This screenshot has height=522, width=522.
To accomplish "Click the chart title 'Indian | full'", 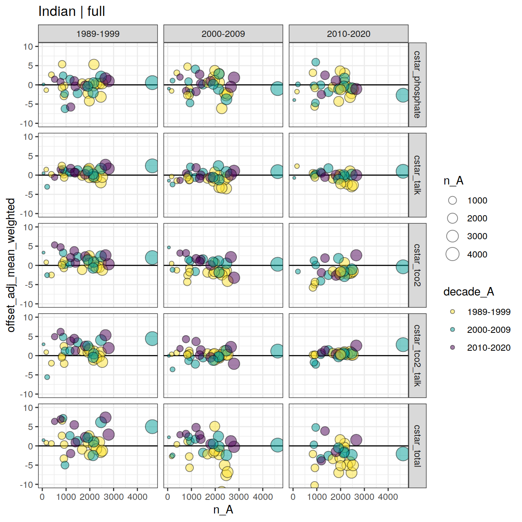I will tap(71, 12).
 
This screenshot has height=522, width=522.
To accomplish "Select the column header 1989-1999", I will tap(98, 34).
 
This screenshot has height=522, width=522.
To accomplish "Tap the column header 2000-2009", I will tap(223, 34).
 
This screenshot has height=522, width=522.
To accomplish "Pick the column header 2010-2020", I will tap(348, 34).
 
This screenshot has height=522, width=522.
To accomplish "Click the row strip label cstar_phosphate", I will tap(417, 85).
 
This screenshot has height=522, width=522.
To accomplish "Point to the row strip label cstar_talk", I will tap(417, 175).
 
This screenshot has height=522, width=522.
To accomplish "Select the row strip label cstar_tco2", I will tap(417, 265).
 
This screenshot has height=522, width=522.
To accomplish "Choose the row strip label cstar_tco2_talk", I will tap(417, 355).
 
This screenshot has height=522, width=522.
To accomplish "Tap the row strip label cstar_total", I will tap(417, 445).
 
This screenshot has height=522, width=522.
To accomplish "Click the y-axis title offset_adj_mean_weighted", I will tap(11, 265).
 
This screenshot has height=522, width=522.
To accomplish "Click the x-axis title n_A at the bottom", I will tap(223, 510).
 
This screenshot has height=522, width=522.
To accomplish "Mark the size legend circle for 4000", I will tap(452, 254).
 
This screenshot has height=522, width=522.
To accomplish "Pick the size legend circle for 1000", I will tap(452, 200).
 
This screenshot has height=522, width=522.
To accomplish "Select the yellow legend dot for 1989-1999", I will tap(452, 311).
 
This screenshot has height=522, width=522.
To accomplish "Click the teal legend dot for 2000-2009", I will tap(452, 329).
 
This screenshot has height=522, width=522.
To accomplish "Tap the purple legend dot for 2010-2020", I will tap(452, 347).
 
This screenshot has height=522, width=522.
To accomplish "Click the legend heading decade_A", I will tap(468, 292).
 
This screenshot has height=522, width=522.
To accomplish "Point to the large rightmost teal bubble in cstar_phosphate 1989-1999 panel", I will tap(151, 82).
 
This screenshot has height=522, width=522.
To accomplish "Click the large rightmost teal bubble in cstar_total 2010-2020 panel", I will tap(403, 454).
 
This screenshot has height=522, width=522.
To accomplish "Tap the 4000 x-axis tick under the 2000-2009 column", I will tap(263, 497).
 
